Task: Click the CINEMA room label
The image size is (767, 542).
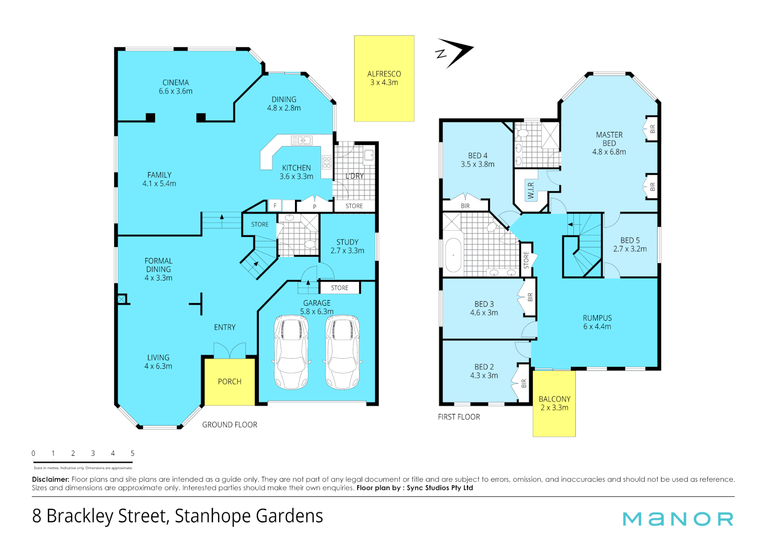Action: point(176,83)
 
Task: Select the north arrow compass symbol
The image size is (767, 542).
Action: point(453,52)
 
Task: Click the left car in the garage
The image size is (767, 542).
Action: point(291,352)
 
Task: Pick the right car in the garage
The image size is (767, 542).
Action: point(343,352)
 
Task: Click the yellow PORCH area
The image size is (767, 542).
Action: point(229,382)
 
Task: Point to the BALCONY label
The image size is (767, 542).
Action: point(554,399)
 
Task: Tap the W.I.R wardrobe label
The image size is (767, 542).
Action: point(531,190)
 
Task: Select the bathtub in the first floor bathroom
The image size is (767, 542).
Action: point(453,255)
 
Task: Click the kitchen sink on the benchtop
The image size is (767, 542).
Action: point(301,141)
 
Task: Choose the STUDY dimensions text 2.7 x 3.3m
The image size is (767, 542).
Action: point(347,251)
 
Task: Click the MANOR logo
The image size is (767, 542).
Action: point(678,519)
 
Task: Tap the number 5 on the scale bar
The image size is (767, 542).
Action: point(132,453)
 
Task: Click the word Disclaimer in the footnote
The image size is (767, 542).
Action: point(50,480)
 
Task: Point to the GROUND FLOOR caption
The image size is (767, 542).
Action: point(229,425)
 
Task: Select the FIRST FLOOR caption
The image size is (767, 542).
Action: point(458,417)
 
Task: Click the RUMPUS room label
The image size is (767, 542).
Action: point(597,318)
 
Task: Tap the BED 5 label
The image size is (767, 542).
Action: point(630,240)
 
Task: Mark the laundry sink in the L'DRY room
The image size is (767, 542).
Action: point(369,155)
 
